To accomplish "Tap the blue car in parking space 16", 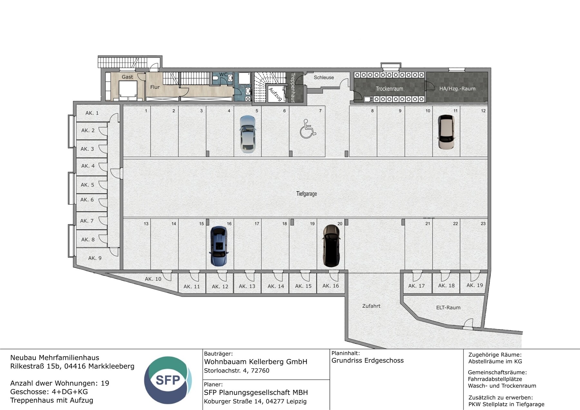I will [219, 246].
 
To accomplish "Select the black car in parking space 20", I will [331, 246].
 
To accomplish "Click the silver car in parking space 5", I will [247, 134].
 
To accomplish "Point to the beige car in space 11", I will [446, 132].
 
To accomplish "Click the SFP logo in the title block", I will [168, 380].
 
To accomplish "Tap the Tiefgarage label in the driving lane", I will [306, 194].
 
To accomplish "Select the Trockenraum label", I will [389, 89].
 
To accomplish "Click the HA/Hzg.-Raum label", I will [457, 89].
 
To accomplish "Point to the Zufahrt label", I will [371, 306].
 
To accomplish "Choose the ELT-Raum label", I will [448, 307].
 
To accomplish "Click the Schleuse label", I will [324, 77].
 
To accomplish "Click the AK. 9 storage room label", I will [95, 258].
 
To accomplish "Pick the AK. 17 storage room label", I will [416, 286].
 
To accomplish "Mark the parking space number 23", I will [483, 224].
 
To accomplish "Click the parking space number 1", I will [146, 111].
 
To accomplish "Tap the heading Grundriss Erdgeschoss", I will [367, 361].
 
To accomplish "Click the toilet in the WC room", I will [230, 78].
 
